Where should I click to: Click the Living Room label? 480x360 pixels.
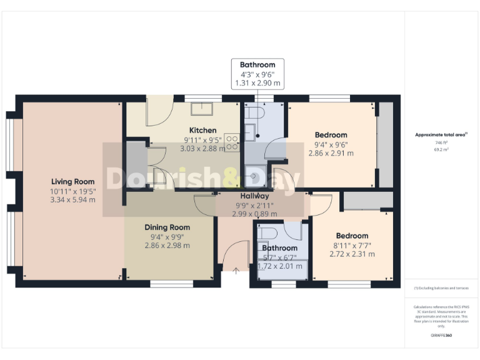pyautogui.click(x=72, y=181)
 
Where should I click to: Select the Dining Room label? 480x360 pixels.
pyautogui.click(x=167, y=227)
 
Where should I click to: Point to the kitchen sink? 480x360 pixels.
pyautogui.click(x=202, y=109)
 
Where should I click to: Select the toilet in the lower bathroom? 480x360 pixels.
pyautogui.click(x=267, y=232)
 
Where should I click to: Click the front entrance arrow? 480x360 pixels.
pyautogui.click(x=236, y=271)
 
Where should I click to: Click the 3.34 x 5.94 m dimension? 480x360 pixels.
pyautogui.click(x=72, y=200)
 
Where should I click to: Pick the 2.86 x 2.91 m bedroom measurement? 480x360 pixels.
pyautogui.click(x=331, y=153)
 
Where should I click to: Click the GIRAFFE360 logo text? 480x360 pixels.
pyautogui.click(x=441, y=336)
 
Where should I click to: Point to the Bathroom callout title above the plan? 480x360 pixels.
pyautogui.click(x=257, y=65)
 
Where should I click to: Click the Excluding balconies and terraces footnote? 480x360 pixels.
pyautogui.click(x=441, y=287)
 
